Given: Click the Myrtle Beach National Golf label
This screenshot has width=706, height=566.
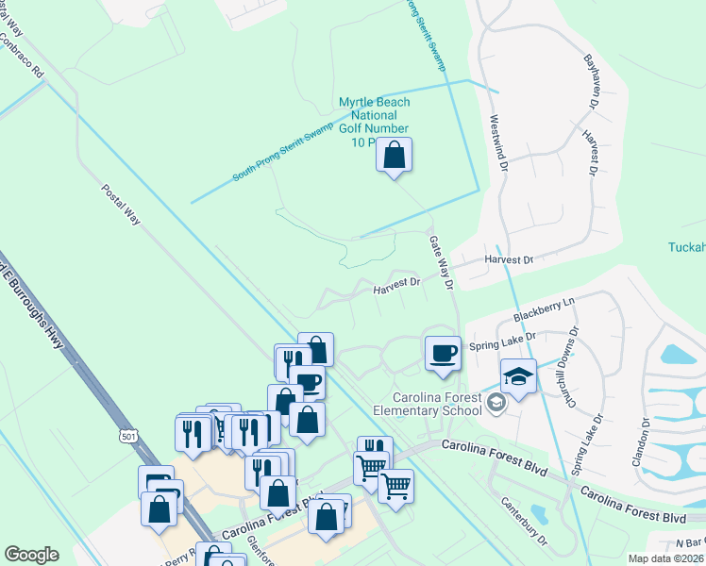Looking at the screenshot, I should [x=374, y=121].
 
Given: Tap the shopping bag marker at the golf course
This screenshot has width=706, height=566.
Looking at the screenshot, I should [x=395, y=155].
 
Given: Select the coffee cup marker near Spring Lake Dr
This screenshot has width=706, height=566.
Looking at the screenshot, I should [x=443, y=354].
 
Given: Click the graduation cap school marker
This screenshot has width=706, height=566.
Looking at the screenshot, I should [x=518, y=376].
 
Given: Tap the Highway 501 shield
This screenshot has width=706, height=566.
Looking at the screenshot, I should [x=128, y=434].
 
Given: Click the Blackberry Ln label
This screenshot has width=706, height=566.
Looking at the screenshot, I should [x=544, y=308].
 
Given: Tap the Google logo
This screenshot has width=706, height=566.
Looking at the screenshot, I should [x=31, y=555].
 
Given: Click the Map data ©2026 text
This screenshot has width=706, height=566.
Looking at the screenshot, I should [x=666, y=558].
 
